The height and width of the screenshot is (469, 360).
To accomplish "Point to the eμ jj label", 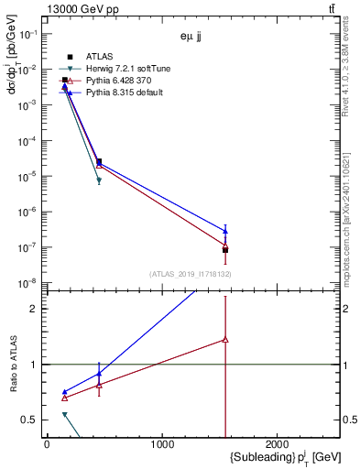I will tap(191, 38).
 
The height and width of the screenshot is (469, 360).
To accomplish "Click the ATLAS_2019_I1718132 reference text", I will tap(190, 274).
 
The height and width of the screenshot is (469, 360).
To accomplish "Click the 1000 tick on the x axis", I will tap(162, 444).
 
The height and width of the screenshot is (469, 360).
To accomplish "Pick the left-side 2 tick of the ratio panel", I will tap(38, 309).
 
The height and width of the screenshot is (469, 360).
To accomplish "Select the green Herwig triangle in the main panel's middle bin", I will tap(99, 180).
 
